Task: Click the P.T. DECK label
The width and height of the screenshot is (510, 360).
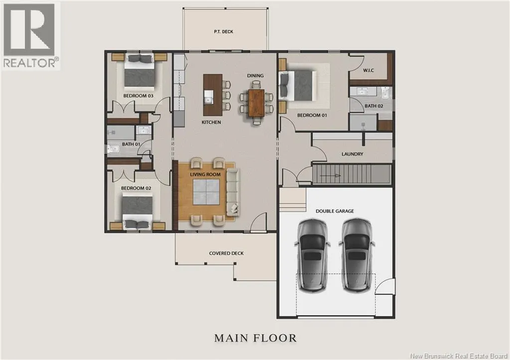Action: (x=224, y=31)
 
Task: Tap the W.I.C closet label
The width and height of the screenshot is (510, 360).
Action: (x=369, y=70)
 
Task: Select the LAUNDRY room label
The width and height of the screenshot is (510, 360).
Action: (x=352, y=154)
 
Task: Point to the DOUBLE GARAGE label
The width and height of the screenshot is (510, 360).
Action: (x=335, y=211)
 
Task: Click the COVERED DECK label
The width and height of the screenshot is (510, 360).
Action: (x=227, y=253)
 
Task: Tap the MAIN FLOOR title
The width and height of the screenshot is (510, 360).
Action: (x=255, y=338)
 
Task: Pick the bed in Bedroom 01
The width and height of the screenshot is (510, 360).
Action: (x=298, y=86)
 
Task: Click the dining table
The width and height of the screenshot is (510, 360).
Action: (x=255, y=103)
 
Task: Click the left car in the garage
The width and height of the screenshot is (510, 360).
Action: (x=312, y=255)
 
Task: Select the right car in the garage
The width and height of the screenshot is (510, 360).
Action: (x=357, y=255)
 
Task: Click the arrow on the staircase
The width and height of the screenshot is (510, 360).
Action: (x=330, y=176)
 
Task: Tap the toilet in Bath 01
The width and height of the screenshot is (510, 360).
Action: (x=114, y=149)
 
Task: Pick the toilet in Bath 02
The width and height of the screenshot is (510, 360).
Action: (x=385, y=92)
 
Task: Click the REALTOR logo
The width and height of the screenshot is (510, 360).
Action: (x=30, y=36)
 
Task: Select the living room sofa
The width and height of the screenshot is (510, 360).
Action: (x=233, y=192)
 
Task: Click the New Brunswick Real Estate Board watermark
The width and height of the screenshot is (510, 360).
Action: (x=459, y=356)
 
